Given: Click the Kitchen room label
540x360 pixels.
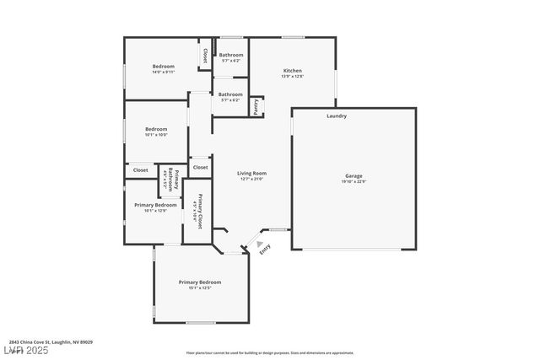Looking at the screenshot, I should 292,71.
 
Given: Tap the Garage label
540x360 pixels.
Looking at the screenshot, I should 354,176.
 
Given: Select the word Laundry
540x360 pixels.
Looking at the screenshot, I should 337,116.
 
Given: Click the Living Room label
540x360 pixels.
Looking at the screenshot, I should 252,173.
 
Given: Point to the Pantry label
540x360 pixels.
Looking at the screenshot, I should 256,106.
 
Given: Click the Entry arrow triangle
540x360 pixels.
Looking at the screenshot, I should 259,244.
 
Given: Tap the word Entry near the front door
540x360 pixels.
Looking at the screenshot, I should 266,250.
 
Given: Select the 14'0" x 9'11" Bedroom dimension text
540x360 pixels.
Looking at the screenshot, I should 164,72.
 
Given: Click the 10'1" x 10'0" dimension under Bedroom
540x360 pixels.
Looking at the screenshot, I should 156,135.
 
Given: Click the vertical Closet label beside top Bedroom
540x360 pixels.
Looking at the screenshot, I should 204,55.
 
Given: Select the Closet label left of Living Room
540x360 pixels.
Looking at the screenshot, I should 200,167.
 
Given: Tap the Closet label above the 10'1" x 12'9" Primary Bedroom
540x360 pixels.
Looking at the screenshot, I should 140,170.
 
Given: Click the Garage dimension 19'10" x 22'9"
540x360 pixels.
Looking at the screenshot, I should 354,182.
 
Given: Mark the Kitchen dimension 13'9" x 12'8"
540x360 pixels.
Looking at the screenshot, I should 292,77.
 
